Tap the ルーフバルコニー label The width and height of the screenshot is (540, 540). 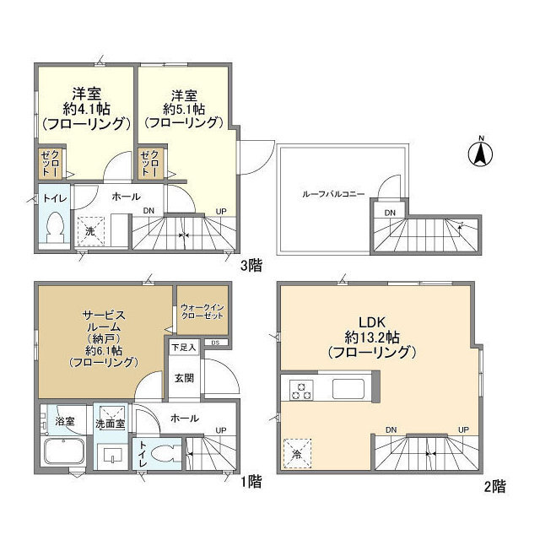coord(333,193)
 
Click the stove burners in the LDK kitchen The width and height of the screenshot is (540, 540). coord(301,390)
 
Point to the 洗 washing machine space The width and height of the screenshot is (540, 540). coord(89,230)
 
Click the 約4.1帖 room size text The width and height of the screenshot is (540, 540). coord(85,107)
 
